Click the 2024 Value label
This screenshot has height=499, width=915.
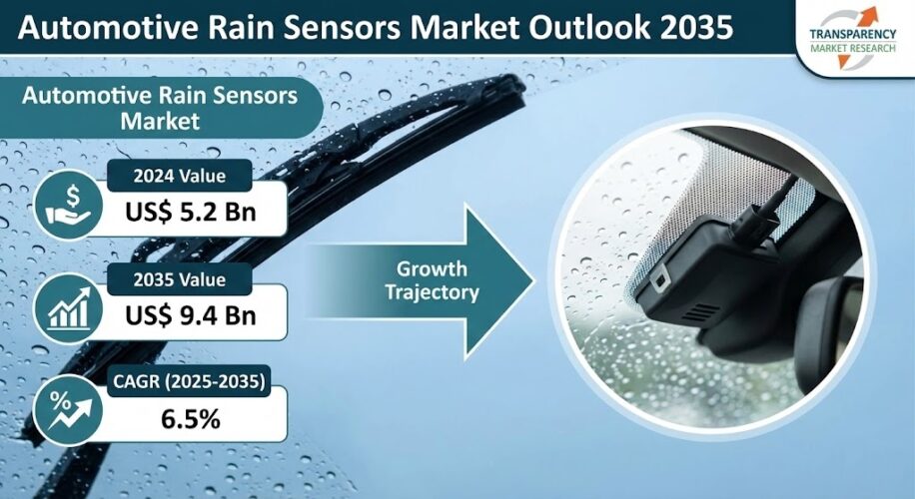tap(181, 178)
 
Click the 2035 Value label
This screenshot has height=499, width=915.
tap(181, 279)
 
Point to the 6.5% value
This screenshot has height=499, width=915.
tap(190, 419)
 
